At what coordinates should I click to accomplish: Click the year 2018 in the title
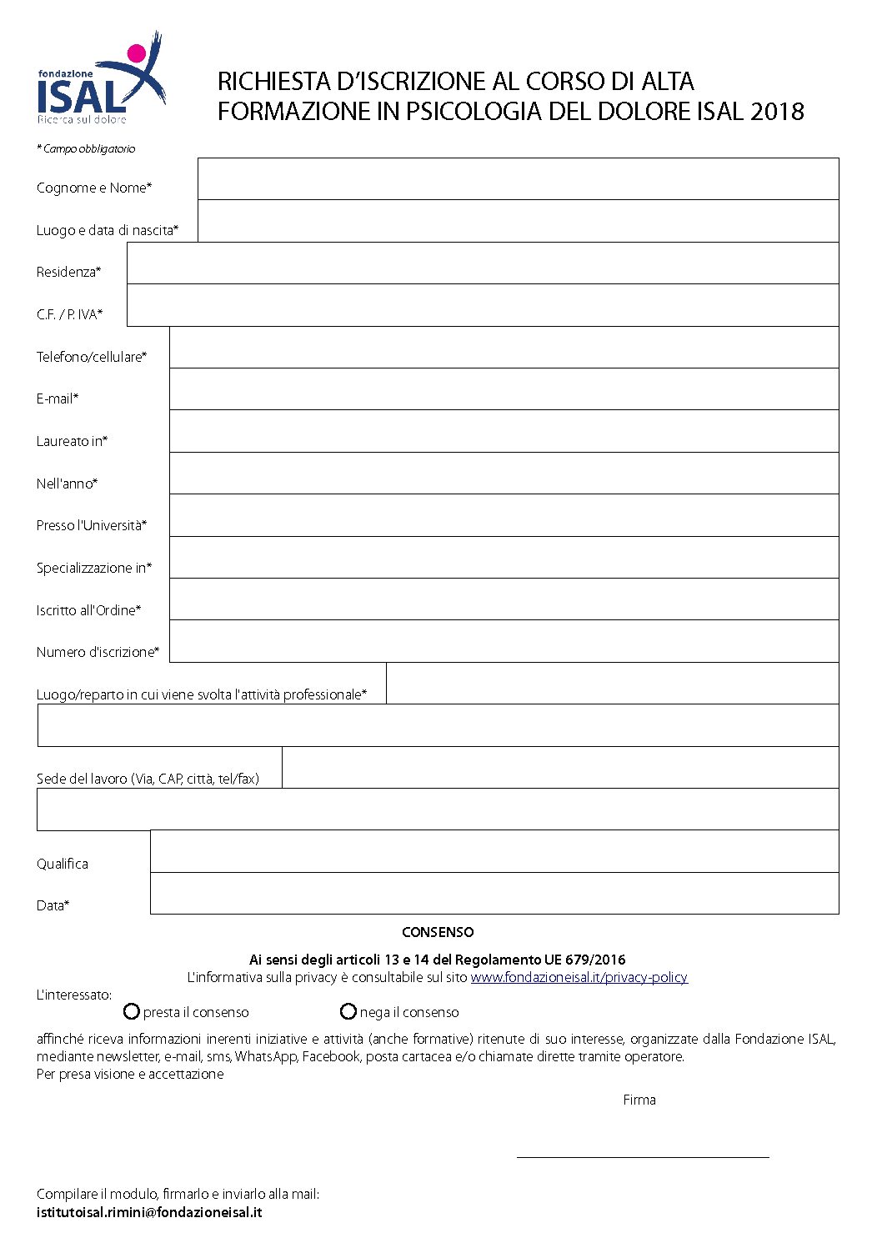(x=777, y=112)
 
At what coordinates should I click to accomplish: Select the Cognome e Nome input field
(x=518, y=178)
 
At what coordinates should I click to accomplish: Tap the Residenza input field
(x=483, y=263)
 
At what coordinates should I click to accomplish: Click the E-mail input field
(x=504, y=389)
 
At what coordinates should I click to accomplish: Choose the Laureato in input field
(x=504, y=431)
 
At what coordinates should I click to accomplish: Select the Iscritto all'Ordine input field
(x=504, y=599)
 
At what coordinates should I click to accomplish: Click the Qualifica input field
(x=494, y=851)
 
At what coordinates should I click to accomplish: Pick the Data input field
(x=494, y=894)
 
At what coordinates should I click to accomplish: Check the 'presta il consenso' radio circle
(x=131, y=1011)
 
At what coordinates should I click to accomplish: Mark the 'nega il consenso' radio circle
(x=348, y=1011)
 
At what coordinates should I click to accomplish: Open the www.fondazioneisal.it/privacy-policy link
(x=579, y=977)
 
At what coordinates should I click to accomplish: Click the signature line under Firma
(x=642, y=1155)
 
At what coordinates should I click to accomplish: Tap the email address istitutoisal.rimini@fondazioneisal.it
(x=149, y=1212)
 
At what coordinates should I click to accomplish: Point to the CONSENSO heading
(x=438, y=932)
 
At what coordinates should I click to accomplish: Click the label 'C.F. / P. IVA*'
(x=69, y=314)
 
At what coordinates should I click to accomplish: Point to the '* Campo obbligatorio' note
(x=86, y=148)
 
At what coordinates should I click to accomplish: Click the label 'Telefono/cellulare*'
(x=92, y=357)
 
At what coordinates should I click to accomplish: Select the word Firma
(x=639, y=1100)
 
